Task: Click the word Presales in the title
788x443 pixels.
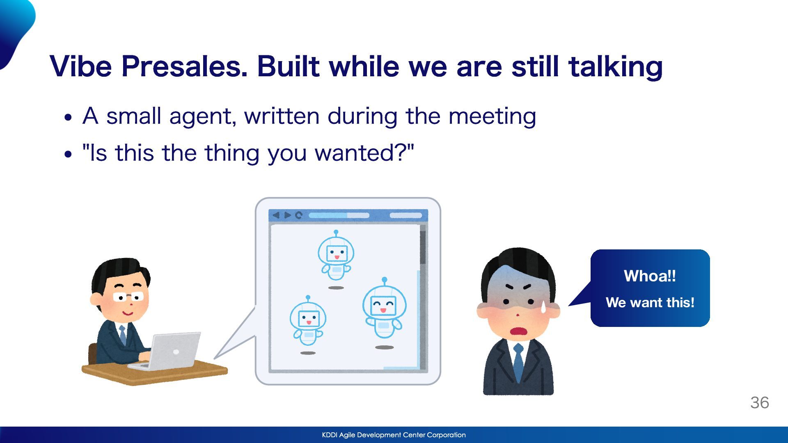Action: [x=184, y=66]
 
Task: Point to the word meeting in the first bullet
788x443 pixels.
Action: [x=492, y=116]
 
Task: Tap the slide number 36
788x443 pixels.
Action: [x=760, y=402]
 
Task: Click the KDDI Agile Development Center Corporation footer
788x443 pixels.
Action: [x=394, y=435]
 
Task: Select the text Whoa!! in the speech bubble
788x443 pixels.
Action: [x=650, y=276]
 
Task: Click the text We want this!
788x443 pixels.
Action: [x=650, y=302]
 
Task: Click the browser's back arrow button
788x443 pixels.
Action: [x=276, y=215]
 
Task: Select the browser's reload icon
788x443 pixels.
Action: [x=299, y=215]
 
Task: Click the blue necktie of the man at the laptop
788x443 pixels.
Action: [x=123, y=335]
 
